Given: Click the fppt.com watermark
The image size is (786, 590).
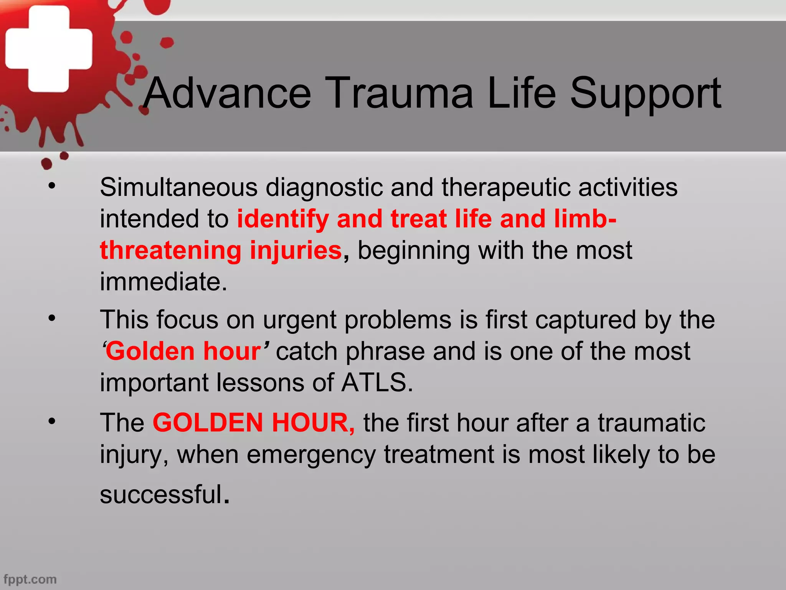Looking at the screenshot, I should (x=30, y=579).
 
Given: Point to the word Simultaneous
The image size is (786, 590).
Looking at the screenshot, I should (x=178, y=187).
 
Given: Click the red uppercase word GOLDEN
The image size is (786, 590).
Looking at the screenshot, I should (x=208, y=423).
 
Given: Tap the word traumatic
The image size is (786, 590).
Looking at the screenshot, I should (x=651, y=423).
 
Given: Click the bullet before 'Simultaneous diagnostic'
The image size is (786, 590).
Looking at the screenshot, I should (x=52, y=186).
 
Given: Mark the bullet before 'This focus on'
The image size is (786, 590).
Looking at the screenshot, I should (x=52, y=318).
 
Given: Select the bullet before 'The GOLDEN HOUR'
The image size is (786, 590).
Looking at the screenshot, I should (x=52, y=421).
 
